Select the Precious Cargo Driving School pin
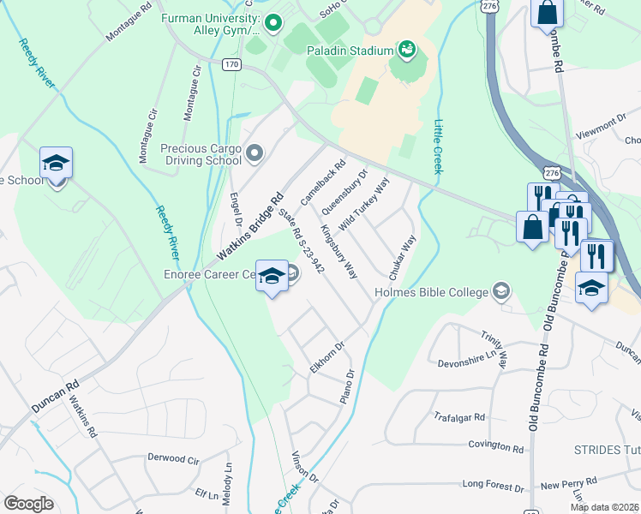255,153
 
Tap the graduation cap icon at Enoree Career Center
273,276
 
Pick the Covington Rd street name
495,447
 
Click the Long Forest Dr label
493,485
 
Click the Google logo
29,503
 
